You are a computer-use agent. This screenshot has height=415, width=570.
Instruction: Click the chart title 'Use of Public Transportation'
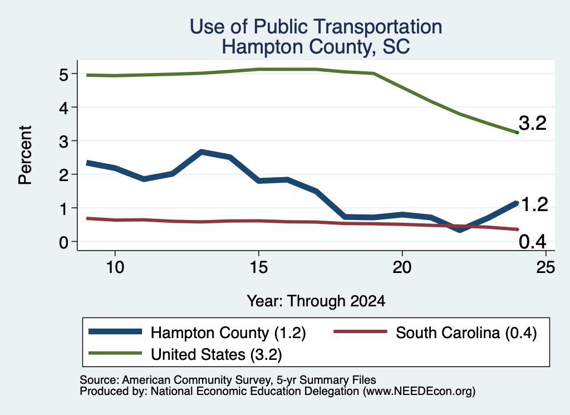click(316, 27)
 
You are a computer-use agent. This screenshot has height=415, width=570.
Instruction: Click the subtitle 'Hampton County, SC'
click(316, 47)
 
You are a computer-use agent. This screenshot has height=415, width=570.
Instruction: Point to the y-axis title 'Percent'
click(25, 155)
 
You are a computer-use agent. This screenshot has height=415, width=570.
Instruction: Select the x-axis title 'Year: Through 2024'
click(316, 301)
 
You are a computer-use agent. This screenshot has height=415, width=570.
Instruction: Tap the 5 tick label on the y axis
click(63, 75)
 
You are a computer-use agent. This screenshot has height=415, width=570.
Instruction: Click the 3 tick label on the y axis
click(63, 141)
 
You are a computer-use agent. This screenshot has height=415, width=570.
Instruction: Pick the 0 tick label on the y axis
click(63, 242)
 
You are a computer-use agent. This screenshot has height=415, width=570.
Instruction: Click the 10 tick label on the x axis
click(115, 267)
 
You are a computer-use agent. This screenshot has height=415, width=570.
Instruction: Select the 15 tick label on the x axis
click(258, 267)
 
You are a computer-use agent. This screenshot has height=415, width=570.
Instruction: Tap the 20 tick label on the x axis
click(402, 267)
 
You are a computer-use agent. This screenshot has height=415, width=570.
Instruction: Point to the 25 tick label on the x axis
click(546, 267)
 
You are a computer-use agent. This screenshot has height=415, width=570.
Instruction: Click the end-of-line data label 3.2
click(533, 123)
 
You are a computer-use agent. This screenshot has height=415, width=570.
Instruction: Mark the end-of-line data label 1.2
click(534, 204)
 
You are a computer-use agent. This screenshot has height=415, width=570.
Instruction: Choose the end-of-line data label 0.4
click(533, 242)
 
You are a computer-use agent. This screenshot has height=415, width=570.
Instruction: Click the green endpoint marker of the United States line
click(517, 133)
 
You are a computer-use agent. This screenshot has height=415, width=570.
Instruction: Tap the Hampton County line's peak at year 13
click(202, 152)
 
